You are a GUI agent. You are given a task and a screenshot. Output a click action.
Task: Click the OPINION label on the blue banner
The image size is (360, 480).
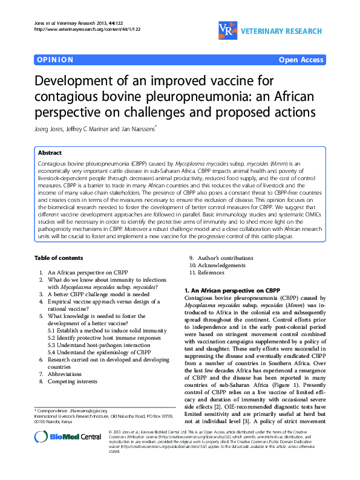55,60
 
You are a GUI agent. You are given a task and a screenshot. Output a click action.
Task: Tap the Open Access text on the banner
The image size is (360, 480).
301,60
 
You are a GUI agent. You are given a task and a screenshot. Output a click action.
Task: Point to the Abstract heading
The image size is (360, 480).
50,153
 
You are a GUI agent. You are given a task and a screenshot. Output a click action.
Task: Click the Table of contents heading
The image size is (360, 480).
58,258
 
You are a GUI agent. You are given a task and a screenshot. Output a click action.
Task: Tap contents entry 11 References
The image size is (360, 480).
210,273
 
